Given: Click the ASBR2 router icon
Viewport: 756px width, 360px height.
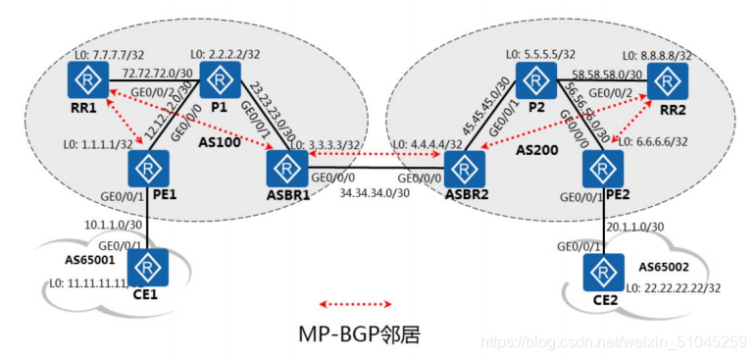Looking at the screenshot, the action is pos(463,169).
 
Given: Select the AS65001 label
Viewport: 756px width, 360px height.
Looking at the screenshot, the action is pos(67,264).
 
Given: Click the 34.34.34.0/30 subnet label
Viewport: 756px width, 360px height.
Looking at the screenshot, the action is pos(375,193).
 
